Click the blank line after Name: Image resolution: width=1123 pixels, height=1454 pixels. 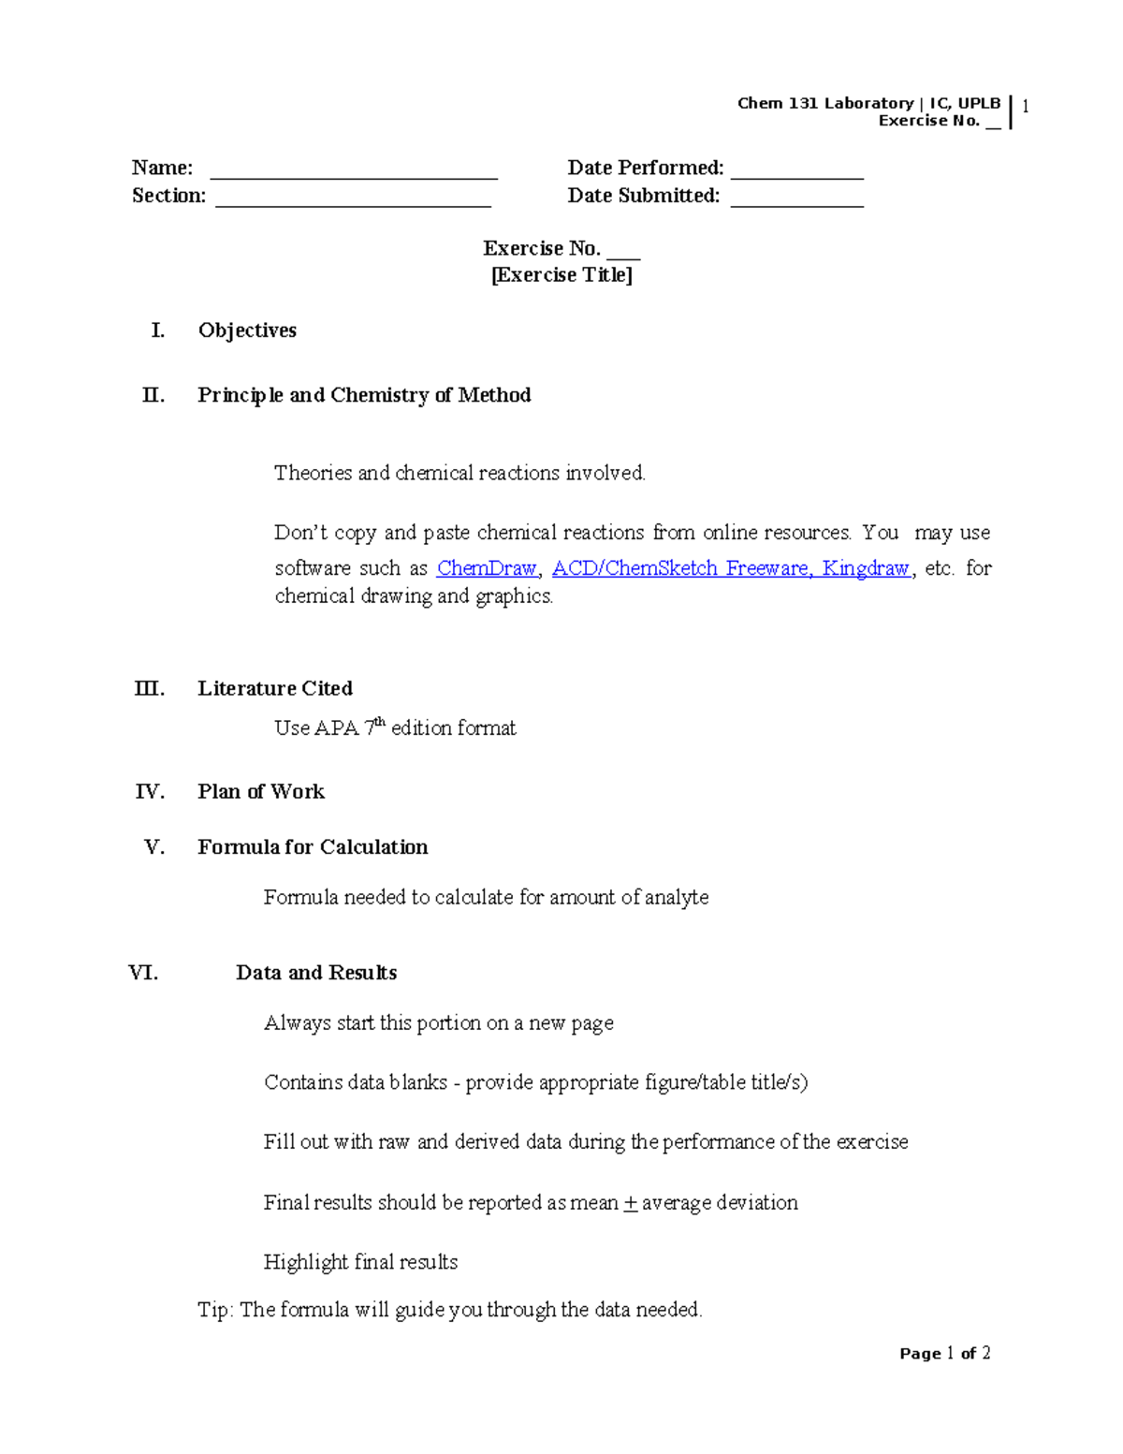(354, 174)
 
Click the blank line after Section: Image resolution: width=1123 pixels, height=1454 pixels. (353, 202)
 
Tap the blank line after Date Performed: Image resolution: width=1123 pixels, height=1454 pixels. (796, 174)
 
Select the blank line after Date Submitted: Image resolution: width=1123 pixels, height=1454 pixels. (796, 202)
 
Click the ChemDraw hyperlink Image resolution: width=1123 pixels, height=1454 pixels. (486, 568)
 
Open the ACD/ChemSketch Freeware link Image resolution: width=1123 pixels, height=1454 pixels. (681, 568)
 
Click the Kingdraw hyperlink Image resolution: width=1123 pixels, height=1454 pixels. (866, 568)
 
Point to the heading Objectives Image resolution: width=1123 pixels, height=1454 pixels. (247, 330)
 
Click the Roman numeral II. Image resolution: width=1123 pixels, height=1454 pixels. (153, 395)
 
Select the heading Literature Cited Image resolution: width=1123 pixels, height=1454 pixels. (275, 688)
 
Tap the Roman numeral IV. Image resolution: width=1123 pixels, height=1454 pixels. (150, 792)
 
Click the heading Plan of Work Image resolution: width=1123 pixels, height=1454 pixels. (261, 792)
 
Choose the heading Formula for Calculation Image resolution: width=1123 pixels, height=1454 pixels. (313, 847)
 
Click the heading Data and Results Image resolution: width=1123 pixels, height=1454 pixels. (316, 973)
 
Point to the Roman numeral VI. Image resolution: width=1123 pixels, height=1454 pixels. (143, 973)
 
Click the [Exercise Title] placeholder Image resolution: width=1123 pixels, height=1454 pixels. (561, 275)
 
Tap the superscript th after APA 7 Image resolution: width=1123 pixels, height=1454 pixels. (380, 722)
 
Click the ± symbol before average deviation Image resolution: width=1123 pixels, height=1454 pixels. (630, 1203)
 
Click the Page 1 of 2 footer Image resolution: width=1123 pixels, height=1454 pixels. (944, 1354)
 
